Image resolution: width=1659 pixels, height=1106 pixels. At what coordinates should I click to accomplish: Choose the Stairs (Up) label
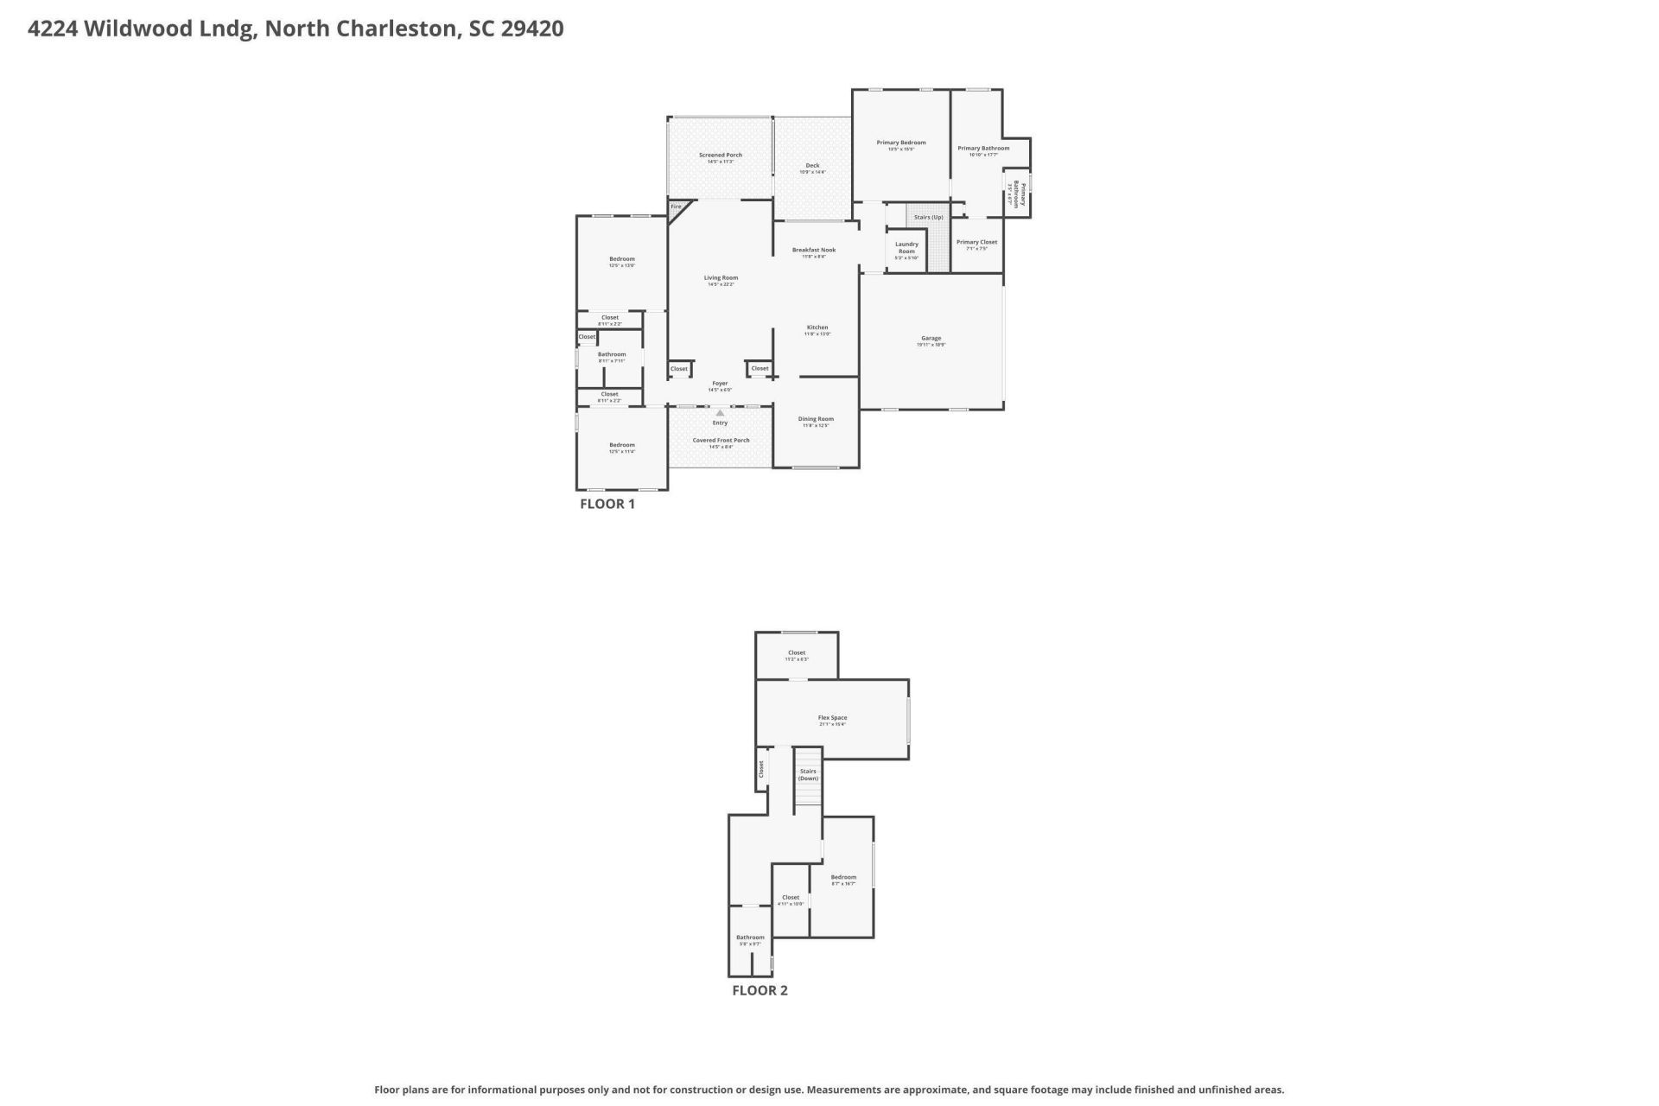point(929,217)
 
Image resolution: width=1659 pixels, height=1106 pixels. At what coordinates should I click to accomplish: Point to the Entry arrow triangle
point(720,413)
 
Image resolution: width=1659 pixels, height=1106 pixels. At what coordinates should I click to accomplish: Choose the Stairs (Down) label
point(808,774)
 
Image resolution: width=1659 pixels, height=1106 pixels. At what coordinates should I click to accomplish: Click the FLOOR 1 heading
point(607,504)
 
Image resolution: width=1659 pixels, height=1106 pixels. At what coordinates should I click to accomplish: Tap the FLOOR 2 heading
point(760,990)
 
